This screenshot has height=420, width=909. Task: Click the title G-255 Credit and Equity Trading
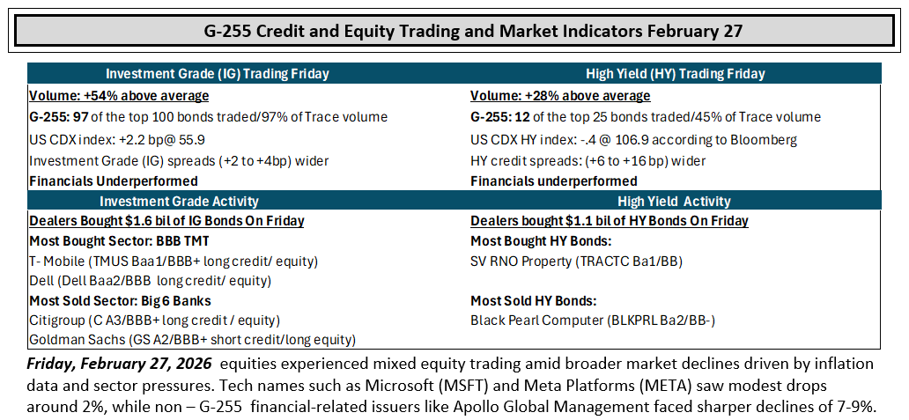473,30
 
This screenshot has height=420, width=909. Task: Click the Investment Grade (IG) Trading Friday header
218,74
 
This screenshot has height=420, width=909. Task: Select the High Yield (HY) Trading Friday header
676,74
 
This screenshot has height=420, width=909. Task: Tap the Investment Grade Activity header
179,201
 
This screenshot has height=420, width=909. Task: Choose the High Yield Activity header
675,201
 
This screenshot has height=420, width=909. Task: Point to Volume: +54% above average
119,96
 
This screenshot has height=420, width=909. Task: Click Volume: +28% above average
560,96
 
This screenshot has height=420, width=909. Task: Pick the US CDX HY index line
634,140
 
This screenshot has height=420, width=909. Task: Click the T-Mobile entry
174,262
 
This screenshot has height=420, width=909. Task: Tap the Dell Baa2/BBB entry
150,282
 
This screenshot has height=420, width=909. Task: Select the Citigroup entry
155,320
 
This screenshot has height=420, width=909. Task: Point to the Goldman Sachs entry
193,340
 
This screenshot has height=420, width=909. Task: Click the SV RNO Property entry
577,262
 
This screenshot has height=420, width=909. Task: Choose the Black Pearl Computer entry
593,320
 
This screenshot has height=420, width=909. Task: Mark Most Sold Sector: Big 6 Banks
120,300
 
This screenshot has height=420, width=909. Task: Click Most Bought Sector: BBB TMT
111,240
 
